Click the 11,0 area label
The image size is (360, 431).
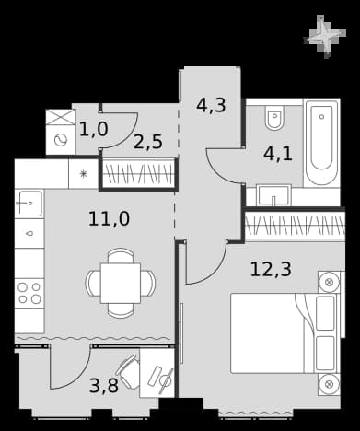(x=109, y=219)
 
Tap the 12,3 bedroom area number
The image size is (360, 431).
(x=271, y=269)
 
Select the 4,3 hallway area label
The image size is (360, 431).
(x=211, y=105)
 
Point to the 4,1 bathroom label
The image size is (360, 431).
(x=278, y=154)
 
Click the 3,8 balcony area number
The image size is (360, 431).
(x=104, y=386)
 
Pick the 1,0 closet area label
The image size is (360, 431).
(x=94, y=129)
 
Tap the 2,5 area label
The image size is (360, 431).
(x=147, y=142)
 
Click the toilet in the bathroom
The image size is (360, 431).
(x=274, y=118)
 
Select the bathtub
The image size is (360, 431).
(x=321, y=143)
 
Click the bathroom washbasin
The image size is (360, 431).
(x=273, y=194)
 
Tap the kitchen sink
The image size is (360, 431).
(x=29, y=204)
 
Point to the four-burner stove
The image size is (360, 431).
(x=29, y=293)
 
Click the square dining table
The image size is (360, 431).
(x=121, y=283)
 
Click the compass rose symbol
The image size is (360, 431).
(x=326, y=36)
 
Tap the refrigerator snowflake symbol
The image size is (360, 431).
(x=83, y=174)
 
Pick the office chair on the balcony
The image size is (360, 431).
(x=128, y=371)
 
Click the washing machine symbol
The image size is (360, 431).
(x=60, y=141)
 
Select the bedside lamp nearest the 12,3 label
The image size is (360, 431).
(x=329, y=282)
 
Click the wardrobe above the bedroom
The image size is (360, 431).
(x=295, y=226)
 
